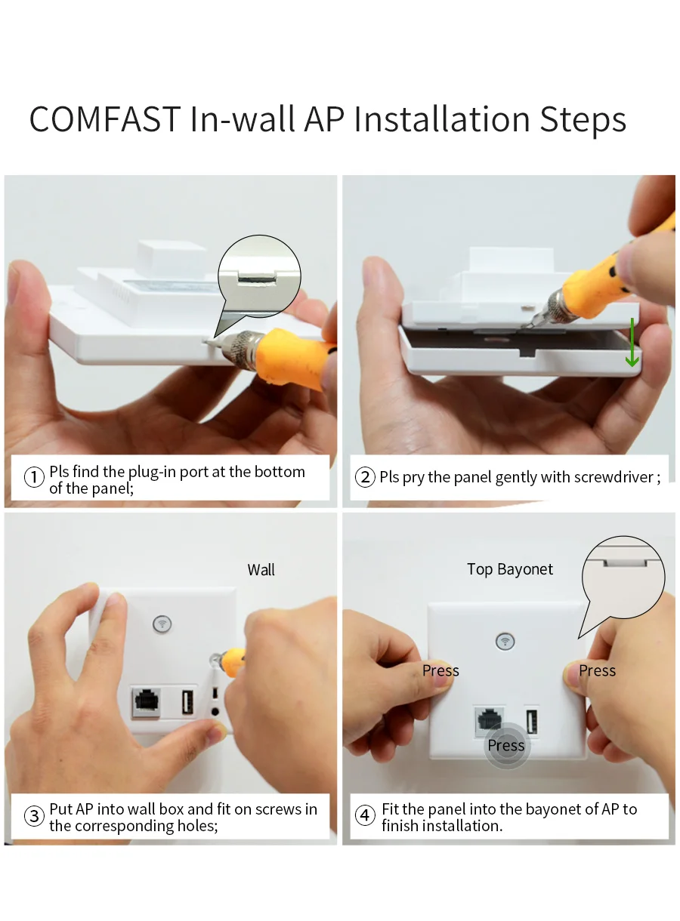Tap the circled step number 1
pyautogui.click(x=34, y=478)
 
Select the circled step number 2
pyautogui.click(x=365, y=478)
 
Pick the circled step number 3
pyautogui.click(x=34, y=816)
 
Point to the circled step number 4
pyautogui.click(x=365, y=816)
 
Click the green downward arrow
pyautogui.click(x=632, y=343)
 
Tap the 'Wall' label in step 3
pyautogui.click(x=261, y=570)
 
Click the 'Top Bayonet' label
pyautogui.click(x=510, y=570)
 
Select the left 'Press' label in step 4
pyautogui.click(x=440, y=670)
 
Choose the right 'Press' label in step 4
pyautogui.click(x=597, y=670)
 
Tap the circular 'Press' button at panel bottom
pyautogui.click(x=506, y=746)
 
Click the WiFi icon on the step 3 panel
pyautogui.click(x=162, y=624)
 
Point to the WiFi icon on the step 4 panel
pyautogui.click(x=505, y=641)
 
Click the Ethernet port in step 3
pyautogui.click(x=145, y=702)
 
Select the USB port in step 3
pyautogui.click(x=187, y=702)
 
